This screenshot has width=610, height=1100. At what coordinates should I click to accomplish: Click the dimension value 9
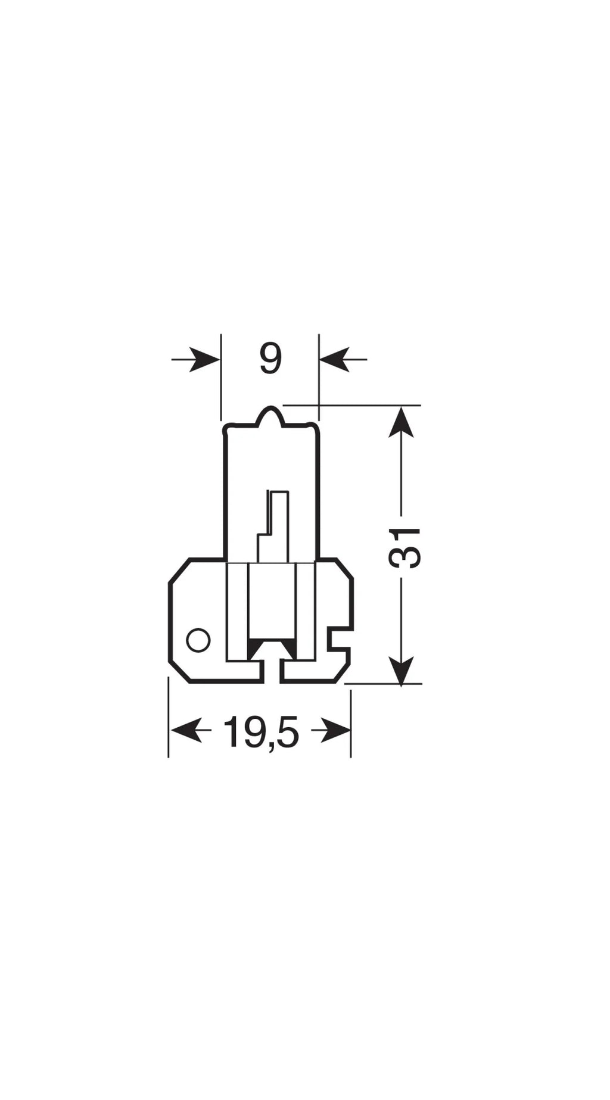pos(270,359)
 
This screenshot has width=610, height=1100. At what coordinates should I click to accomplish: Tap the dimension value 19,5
pos(261,732)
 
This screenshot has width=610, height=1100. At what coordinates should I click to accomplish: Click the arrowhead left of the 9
pos(206,359)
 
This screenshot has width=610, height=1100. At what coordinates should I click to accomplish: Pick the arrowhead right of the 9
pos(334,359)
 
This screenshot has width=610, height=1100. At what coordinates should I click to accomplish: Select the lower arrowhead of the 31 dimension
pos(402,669)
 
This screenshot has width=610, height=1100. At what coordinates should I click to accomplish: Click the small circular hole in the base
pos(198,640)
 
